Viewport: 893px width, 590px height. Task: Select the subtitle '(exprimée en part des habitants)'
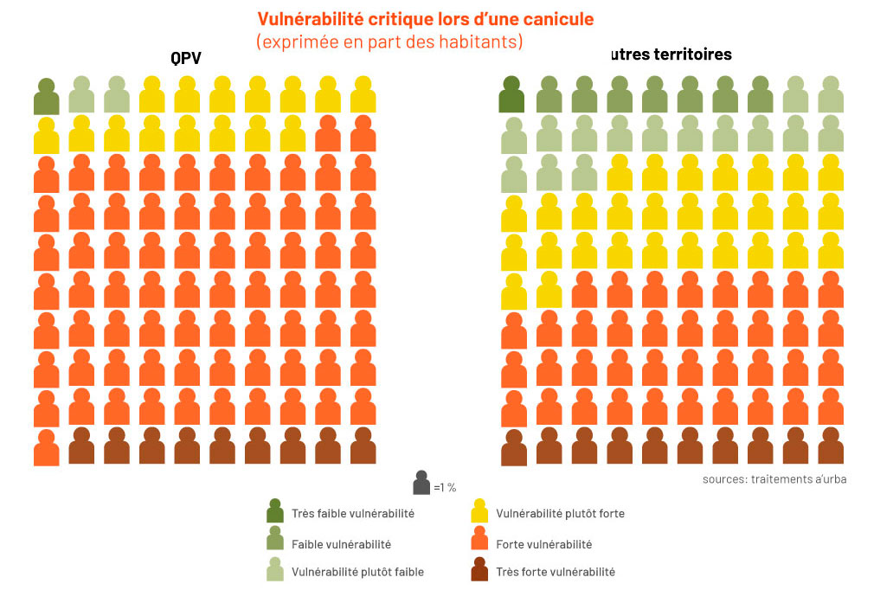click(389, 41)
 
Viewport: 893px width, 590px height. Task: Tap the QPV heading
click(186, 60)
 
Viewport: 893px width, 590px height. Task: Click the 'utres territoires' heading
click(670, 55)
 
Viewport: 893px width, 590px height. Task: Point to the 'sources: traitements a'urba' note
click(774, 478)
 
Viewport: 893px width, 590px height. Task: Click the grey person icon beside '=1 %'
click(421, 483)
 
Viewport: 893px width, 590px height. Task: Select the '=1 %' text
click(445, 487)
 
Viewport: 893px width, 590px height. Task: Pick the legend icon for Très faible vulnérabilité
click(275, 511)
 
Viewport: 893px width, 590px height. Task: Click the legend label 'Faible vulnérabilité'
click(341, 544)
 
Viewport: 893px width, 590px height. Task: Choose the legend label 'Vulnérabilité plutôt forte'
click(560, 513)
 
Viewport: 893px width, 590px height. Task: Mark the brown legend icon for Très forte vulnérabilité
click(479, 570)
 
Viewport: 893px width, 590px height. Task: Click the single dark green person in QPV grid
click(47, 97)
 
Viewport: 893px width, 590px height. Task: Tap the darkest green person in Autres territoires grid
click(511, 95)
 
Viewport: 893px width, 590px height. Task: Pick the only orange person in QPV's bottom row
click(47, 448)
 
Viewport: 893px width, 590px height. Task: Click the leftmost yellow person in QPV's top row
click(152, 95)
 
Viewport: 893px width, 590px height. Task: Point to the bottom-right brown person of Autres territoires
click(831, 446)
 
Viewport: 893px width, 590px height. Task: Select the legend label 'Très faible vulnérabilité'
click(352, 513)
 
